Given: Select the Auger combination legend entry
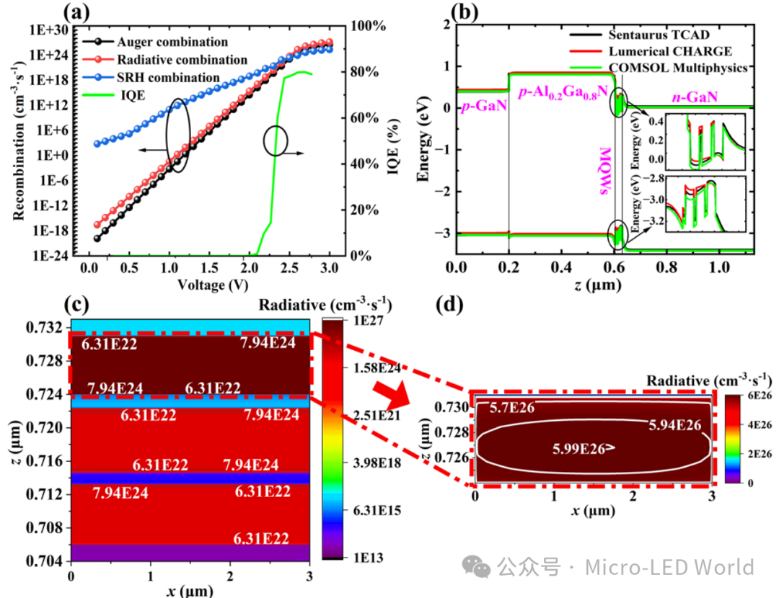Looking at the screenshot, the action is point(156,43).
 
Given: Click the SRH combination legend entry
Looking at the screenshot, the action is point(151,78).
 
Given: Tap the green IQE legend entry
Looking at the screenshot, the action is point(114,95).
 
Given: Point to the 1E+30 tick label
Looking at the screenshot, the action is point(49,30).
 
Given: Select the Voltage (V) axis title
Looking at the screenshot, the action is point(213,285).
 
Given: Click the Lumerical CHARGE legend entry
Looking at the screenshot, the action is point(651,52).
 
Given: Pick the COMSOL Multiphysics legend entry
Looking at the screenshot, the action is point(659,68).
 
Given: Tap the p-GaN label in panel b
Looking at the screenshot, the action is point(484,106).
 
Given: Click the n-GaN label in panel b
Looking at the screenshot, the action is point(695,97).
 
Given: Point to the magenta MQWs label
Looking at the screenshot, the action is point(606,171).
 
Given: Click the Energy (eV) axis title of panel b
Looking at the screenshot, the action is point(423,146).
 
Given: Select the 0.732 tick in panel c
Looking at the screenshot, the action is point(44,328).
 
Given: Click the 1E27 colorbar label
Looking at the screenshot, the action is point(368,321).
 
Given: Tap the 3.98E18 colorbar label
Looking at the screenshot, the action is point(377,463).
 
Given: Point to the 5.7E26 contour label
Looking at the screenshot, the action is point(512,408).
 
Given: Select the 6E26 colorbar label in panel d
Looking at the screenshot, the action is point(760,396).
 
